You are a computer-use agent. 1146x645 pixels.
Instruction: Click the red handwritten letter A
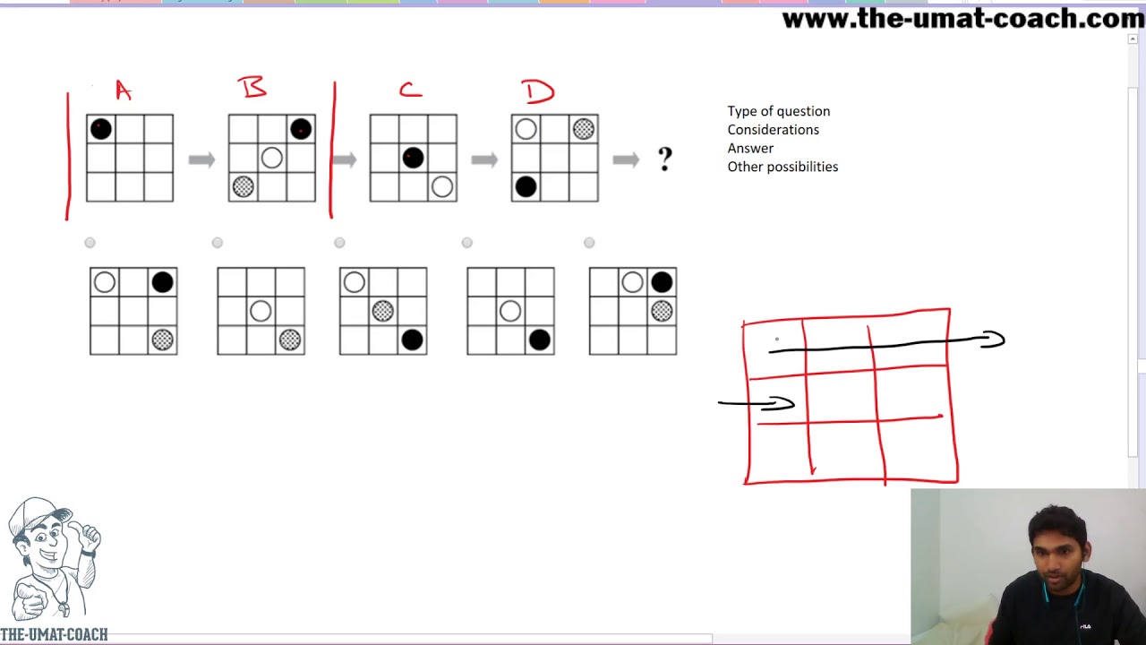coord(123,90)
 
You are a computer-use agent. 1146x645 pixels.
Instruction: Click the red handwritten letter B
coord(252,87)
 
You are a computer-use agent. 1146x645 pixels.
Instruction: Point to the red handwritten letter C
coord(410,90)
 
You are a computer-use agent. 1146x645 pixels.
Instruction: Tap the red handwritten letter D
coord(538,91)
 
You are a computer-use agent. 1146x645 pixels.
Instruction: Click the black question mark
coord(664,160)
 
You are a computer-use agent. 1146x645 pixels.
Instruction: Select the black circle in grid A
coord(101,129)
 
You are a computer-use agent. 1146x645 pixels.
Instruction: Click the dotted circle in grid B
coord(243,186)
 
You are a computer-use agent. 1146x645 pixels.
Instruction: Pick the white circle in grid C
coord(441,186)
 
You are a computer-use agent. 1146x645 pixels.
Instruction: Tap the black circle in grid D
coord(526,186)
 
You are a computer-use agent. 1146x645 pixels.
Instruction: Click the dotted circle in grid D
coord(583,129)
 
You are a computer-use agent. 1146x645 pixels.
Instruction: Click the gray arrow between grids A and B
coord(201,159)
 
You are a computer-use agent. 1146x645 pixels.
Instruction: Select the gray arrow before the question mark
coord(626,159)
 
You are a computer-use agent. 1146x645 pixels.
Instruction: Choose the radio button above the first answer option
coord(90,243)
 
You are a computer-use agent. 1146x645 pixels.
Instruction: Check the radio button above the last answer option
coord(589,243)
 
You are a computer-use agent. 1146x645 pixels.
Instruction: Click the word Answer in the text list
coord(750,148)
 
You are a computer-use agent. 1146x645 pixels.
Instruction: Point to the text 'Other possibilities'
coord(783,167)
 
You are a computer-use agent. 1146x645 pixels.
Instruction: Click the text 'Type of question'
coord(778,111)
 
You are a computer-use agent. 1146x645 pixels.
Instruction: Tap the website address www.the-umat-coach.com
coord(962,19)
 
